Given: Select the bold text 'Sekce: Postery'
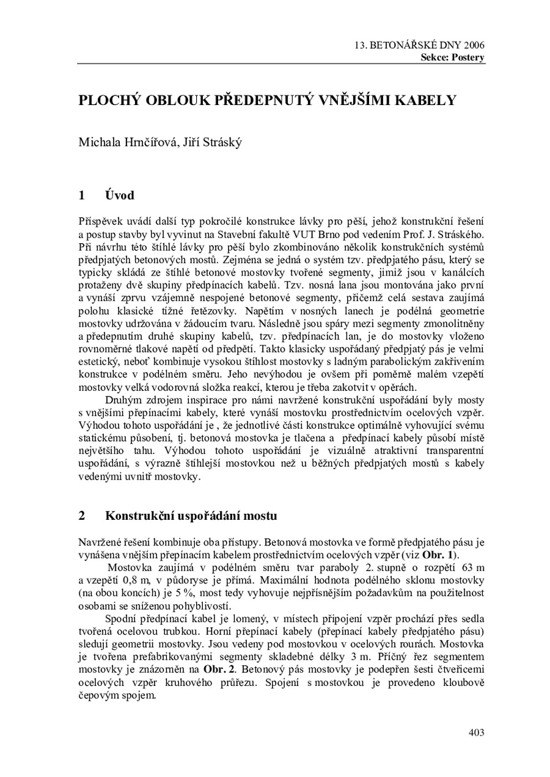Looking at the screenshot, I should [x=452, y=57].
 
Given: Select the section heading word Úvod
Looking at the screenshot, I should [x=119, y=195].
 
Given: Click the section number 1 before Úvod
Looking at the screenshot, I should [x=81, y=195].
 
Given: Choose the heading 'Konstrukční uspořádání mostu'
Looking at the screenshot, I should [x=191, y=516].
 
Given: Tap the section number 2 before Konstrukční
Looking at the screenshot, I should [x=81, y=516].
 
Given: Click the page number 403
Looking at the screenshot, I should [x=476, y=732].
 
